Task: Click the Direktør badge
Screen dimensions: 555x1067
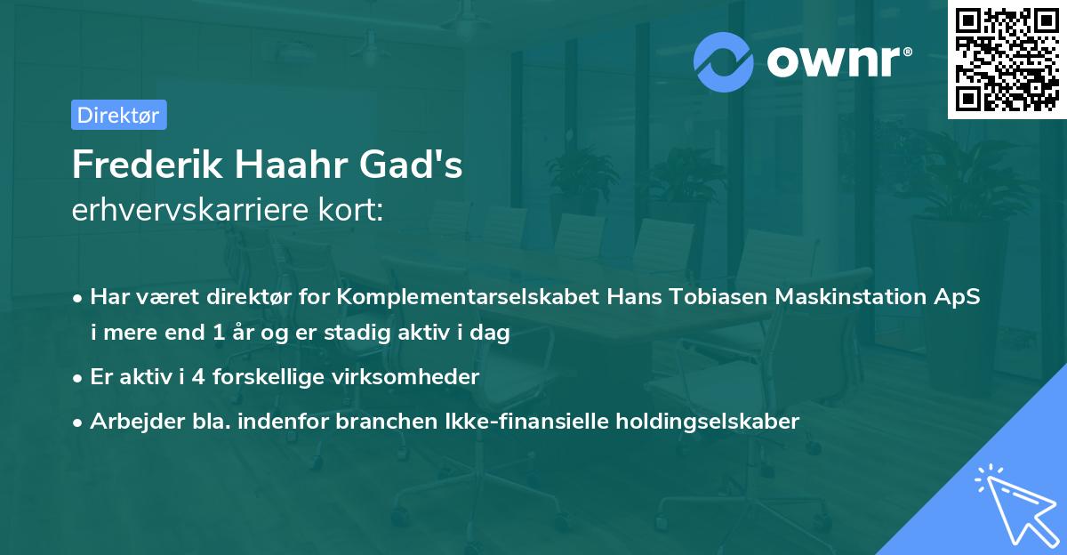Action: pyautogui.click(x=118, y=115)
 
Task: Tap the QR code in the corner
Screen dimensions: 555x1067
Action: pyautogui.click(x=1006, y=59)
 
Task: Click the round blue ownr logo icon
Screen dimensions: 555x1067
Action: pyautogui.click(x=724, y=61)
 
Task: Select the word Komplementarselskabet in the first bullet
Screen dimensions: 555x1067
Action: pyautogui.click(x=469, y=296)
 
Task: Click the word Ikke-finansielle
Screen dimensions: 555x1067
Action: pyautogui.click(x=561, y=422)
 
